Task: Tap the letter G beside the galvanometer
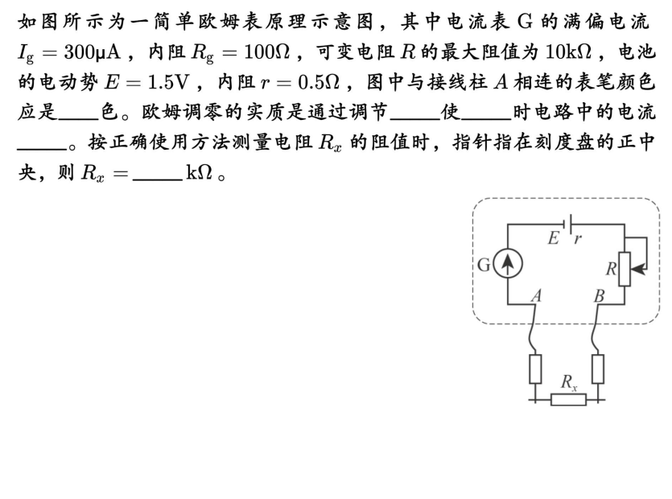485,263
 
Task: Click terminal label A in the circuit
537,297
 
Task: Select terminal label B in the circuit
598,297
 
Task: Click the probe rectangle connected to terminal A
535,368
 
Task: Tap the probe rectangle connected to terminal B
597,368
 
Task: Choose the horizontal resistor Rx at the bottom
568,398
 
